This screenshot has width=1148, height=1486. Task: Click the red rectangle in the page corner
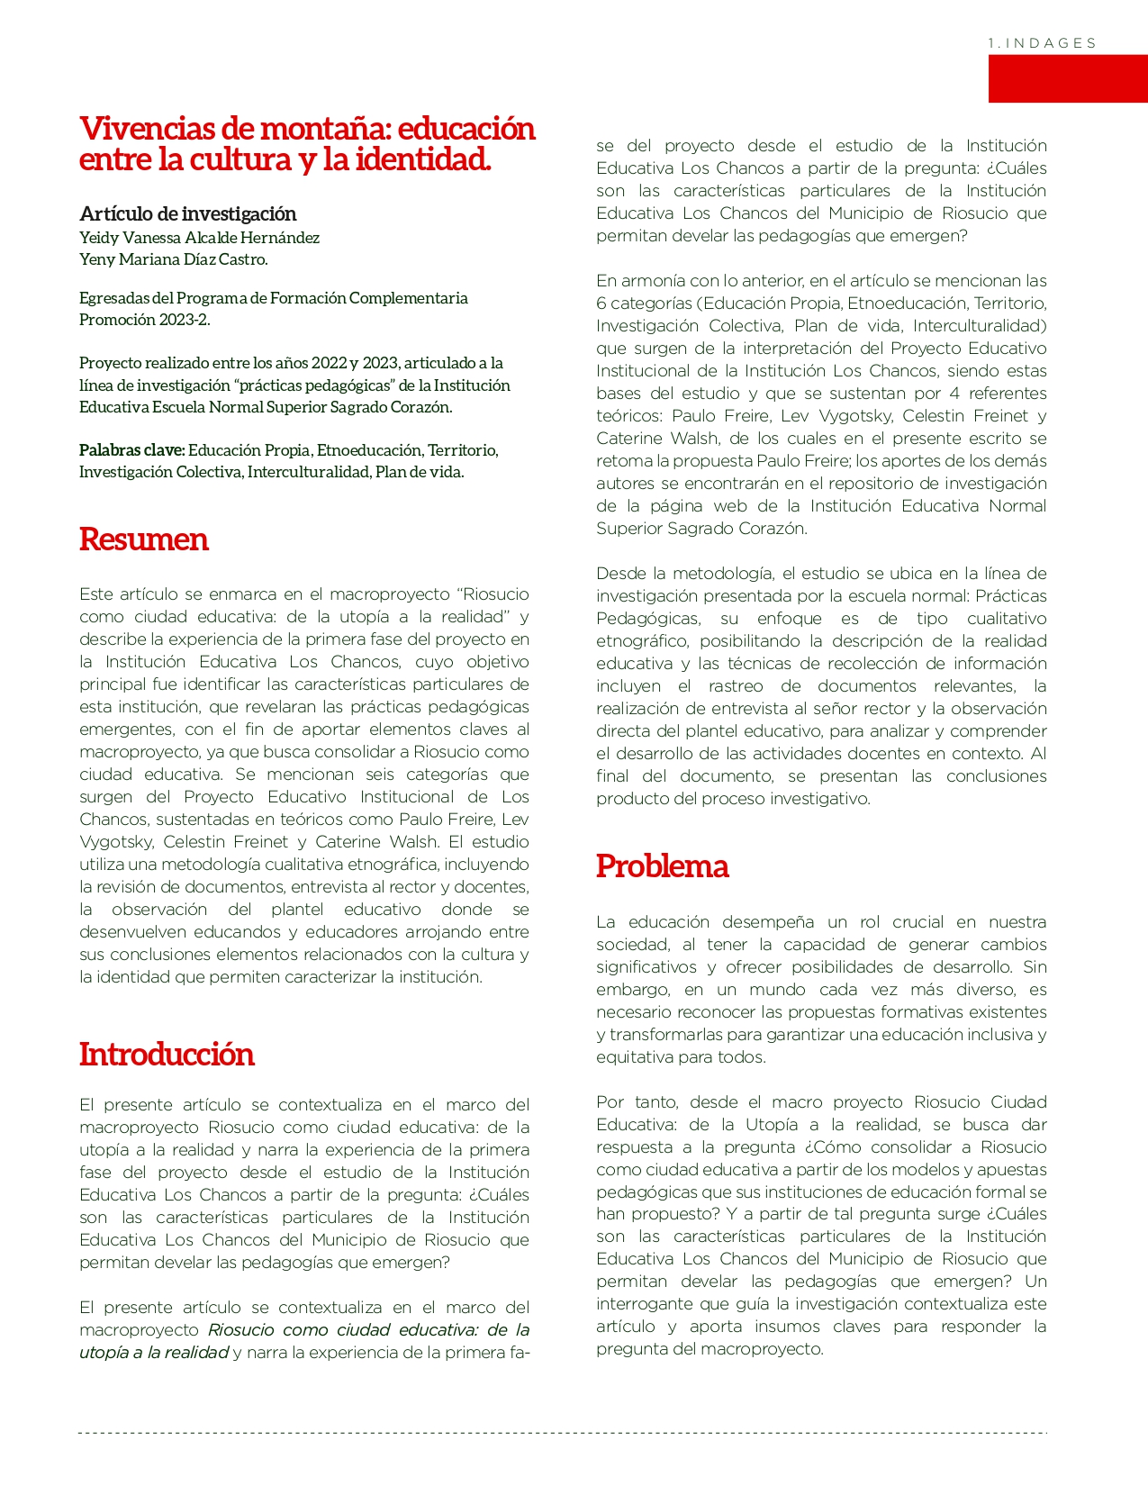(1067, 78)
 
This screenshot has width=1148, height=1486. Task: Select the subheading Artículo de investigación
(187, 213)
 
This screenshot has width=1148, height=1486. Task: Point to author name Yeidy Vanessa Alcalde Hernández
(199, 238)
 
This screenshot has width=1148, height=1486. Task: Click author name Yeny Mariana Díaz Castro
(173, 259)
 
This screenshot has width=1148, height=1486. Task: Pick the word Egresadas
(113, 298)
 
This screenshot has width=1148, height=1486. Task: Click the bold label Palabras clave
(131, 450)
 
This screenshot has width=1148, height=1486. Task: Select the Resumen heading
(143, 539)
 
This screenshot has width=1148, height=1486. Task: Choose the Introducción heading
(167, 1055)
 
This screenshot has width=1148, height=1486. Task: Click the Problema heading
(662, 866)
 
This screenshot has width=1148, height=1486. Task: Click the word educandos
(252, 932)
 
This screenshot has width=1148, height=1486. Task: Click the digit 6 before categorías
(601, 304)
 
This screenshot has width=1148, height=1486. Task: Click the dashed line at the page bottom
(563, 1432)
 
